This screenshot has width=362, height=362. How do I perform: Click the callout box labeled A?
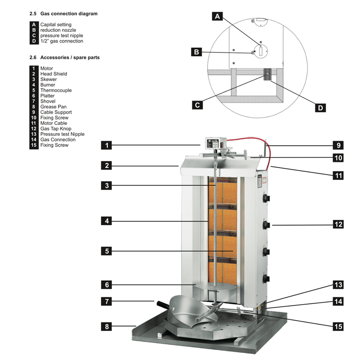[x=217, y=16]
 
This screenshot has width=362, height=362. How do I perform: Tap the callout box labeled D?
[x=320, y=108]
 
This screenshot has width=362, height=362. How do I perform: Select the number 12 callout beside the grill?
[x=338, y=224]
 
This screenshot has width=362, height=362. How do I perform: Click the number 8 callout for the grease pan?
[x=106, y=326]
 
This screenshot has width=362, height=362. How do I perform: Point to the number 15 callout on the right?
[x=338, y=326]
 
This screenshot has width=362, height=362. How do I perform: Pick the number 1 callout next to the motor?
[x=106, y=145]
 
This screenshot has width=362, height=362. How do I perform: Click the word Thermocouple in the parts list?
[x=56, y=90]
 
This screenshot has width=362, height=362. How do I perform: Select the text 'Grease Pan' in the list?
[x=53, y=107]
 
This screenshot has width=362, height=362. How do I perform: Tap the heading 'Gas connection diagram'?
[x=69, y=14]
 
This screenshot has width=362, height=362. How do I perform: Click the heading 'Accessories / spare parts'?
[x=70, y=57]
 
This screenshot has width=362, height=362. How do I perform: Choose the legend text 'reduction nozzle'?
[x=58, y=30]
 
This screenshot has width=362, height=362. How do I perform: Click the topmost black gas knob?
[x=267, y=198]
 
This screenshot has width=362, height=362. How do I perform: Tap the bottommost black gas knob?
[x=267, y=278]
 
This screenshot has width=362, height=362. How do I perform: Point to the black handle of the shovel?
[x=163, y=304]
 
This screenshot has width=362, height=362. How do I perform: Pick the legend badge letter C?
[x=34, y=36]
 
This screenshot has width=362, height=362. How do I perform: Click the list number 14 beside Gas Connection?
[x=33, y=140]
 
